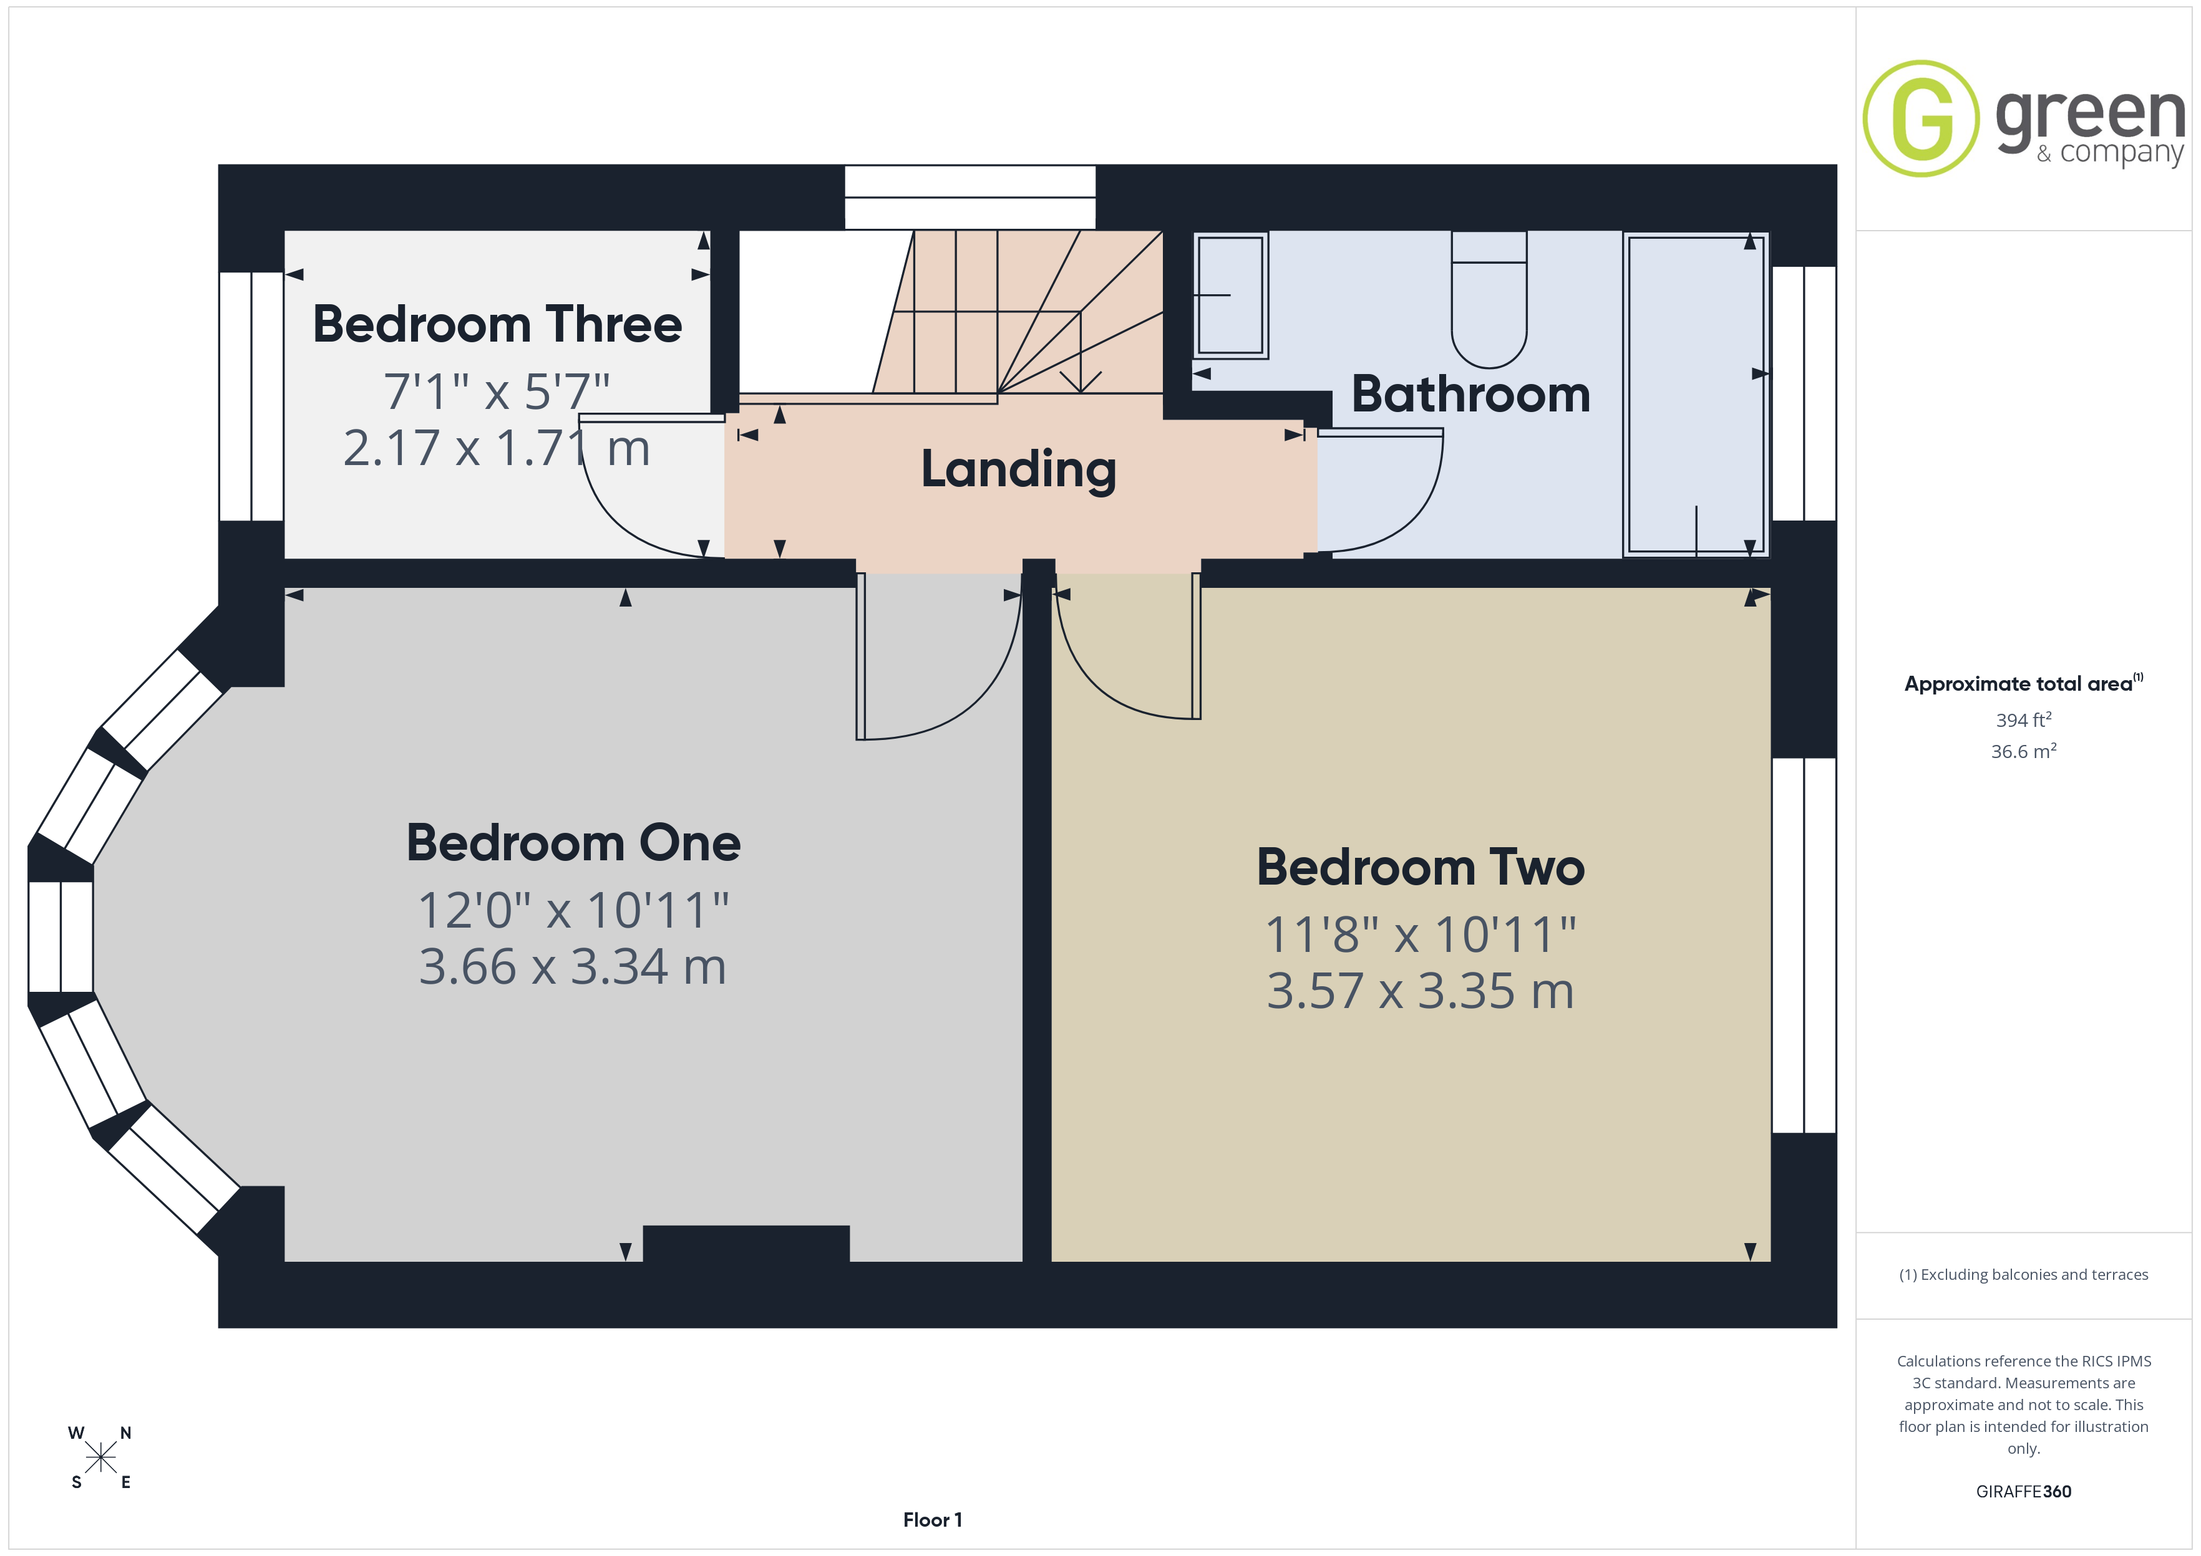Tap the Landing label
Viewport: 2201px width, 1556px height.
[x=1019, y=469]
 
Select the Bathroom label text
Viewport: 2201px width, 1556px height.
[x=1470, y=394]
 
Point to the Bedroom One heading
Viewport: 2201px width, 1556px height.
[x=573, y=843]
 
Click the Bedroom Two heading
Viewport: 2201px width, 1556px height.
[x=1421, y=867]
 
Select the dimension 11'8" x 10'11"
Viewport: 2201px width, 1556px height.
[x=1421, y=934]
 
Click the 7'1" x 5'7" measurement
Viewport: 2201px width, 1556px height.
[x=497, y=391]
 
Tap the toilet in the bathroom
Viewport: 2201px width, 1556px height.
[x=1489, y=299]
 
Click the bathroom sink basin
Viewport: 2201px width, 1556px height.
[x=1231, y=295]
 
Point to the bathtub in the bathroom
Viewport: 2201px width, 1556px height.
[x=1696, y=394]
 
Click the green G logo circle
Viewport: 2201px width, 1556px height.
[x=1921, y=119]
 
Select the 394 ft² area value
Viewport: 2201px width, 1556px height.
[x=2024, y=719]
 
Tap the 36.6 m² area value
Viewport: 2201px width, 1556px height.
[x=2024, y=751]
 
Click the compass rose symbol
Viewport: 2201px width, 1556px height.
[x=100, y=1458]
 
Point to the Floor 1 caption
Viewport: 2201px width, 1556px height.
[x=932, y=1520]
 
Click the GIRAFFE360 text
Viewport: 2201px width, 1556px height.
[x=2024, y=1492]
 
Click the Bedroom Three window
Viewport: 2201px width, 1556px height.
[x=251, y=396]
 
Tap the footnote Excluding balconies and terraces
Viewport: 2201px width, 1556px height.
[x=2024, y=1274]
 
